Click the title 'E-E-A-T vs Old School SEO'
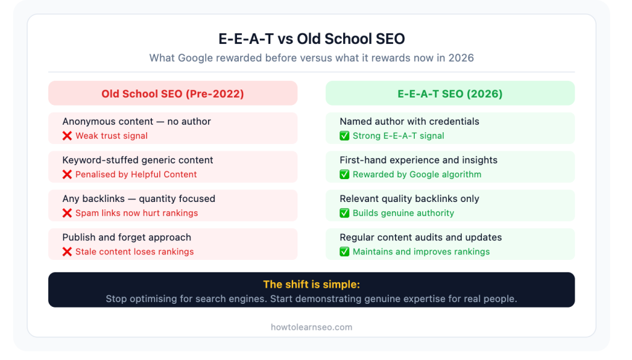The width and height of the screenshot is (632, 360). [x=312, y=39]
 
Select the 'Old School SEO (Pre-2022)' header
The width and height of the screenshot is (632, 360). [x=173, y=94]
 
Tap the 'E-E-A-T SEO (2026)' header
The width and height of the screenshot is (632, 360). [x=450, y=94]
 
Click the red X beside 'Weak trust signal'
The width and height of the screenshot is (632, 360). [x=67, y=136]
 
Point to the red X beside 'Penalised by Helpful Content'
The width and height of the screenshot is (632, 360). [x=67, y=175]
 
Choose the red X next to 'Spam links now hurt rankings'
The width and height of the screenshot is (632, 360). [x=67, y=213]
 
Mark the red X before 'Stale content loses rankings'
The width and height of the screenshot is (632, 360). [x=67, y=252]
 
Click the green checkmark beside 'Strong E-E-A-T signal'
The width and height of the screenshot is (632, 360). [x=344, y=136]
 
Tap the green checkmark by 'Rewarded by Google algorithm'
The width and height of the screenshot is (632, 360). [x=344, y=175]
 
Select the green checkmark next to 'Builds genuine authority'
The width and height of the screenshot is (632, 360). [x=344, y=213]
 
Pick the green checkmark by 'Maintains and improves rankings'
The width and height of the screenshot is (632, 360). [x=344, y=252]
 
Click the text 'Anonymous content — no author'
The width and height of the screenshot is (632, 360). [x=136, y=122]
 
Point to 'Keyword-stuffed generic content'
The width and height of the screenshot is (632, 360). [x=138, y=160]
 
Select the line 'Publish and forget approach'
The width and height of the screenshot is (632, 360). [x=127, y=237]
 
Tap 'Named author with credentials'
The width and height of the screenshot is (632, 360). [x=409, y=122]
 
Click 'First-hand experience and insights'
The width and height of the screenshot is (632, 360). [x=418, y=160]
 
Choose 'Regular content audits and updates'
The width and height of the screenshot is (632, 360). [x=420, y=237]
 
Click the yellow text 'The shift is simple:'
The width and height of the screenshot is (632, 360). [x=311, y=285]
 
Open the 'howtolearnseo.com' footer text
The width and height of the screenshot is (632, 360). [x=312, y=327]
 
